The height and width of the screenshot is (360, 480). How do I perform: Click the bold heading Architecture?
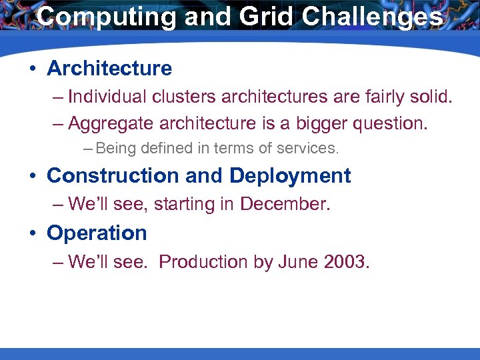(109, 68)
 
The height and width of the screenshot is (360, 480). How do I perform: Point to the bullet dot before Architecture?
(33, 69)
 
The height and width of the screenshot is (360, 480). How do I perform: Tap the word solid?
(429, 97)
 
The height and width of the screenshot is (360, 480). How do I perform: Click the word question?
(393, 123)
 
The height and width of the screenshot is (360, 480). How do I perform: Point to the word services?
(311, 147)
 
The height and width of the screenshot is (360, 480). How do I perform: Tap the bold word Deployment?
(290, 175)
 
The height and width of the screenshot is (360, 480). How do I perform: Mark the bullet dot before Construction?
(33, 176)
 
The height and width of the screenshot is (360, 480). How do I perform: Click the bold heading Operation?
(97, 233)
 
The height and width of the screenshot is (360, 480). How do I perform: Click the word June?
(295, 262)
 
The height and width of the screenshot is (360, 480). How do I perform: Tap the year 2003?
(346, 262)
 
